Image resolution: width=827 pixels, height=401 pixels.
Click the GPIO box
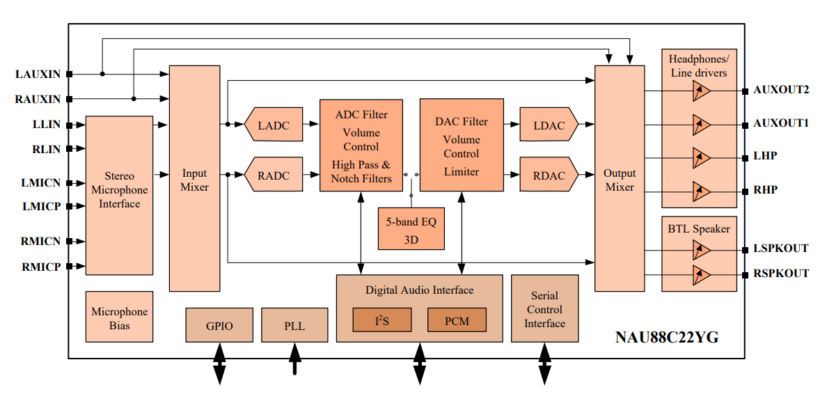[x=219, y=325]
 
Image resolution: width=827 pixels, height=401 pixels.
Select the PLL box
[x=294, y=325]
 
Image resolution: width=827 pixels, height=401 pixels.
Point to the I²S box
[x=381, y=320]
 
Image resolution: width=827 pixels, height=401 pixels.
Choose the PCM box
[x=457, y=320]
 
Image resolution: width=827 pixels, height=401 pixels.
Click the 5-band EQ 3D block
[x=411, y=229]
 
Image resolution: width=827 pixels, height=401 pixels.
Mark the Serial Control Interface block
[x=544, y=308]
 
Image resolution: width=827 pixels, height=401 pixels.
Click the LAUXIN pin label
[x=38, y=73]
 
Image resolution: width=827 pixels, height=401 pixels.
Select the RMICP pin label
[x=40, y=266]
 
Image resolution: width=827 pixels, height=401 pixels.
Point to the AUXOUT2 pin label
[x=780, y=90]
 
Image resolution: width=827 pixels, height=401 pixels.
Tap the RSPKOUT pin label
[x=780, y=273]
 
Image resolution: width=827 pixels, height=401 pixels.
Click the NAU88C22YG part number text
[x=667, y=338]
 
